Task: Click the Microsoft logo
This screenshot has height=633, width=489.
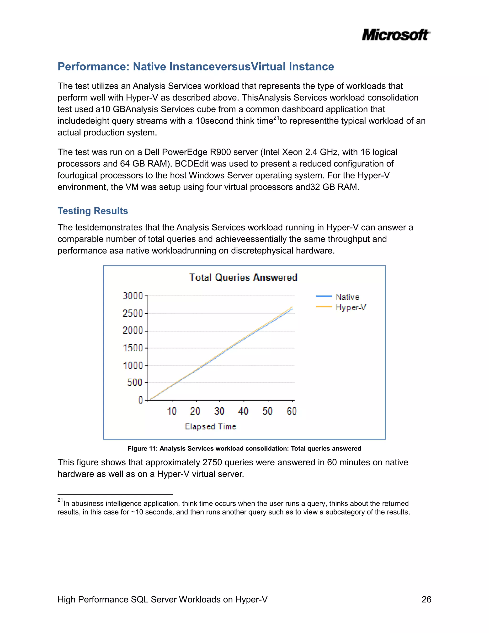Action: [396, 35]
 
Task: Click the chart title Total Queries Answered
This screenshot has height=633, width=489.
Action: [243, 277]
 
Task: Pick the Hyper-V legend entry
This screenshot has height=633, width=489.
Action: [351, 307]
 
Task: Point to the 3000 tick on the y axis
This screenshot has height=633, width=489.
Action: [133, 296]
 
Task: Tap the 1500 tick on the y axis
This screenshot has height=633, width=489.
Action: [133, 348]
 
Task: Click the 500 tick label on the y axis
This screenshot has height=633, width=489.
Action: [135, 383]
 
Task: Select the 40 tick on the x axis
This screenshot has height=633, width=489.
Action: [243, 411]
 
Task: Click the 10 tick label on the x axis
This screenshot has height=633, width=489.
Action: [172, 411]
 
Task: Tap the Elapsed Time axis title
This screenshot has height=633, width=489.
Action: [211, 427]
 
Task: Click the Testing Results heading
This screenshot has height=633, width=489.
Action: [93, 211]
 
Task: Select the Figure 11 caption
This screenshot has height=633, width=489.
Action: [244, 448]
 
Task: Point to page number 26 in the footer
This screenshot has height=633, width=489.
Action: [426, 599]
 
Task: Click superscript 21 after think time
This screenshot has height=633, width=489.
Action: [276, 118]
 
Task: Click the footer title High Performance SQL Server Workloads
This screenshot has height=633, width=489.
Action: [162, 599]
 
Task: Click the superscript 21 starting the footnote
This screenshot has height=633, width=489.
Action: [60, 500]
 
